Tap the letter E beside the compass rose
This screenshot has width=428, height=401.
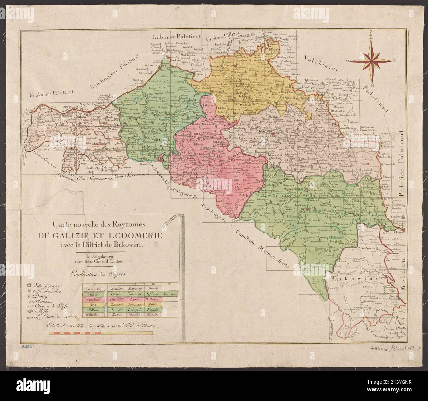394,60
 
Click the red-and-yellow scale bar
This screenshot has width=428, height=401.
100,333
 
